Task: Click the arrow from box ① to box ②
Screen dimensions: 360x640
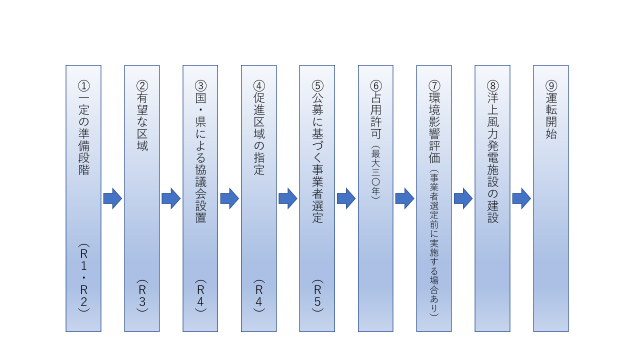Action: coord(112,199)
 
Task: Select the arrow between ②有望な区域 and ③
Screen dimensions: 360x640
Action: coord(171,199)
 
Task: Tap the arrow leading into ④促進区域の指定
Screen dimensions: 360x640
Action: coord(229,199)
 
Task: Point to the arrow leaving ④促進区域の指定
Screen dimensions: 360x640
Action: coord(288,199)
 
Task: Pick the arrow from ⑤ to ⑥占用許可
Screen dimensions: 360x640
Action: coord(346,199)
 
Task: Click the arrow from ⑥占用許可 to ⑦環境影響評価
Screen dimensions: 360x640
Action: coord(404,199)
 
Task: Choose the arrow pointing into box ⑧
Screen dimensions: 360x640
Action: coord(463,199)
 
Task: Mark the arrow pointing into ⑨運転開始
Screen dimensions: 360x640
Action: coord(521,199)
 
